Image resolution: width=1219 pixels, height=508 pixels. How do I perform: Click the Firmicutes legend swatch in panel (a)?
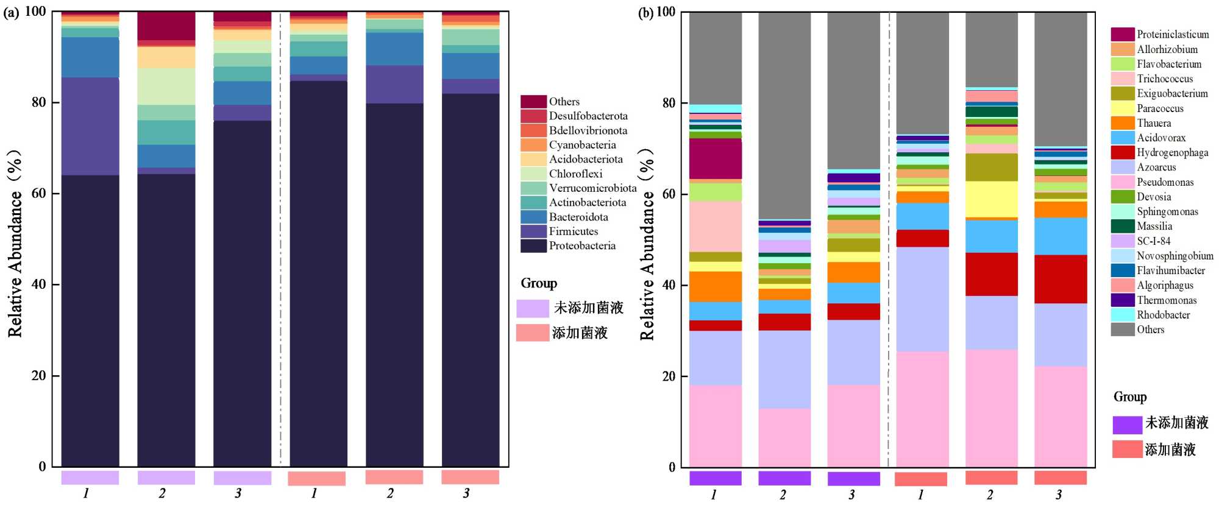[x=533, y=231]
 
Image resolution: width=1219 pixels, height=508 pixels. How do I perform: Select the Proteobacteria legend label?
[x=582, y=246]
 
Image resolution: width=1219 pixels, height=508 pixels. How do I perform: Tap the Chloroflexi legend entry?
[x=575, y=174]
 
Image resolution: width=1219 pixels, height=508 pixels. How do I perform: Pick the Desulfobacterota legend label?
[x=588, y=116]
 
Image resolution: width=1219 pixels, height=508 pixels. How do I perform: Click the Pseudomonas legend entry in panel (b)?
[x=1165, y=182]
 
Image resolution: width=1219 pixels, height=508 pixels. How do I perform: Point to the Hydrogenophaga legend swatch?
[x=1122, y=152]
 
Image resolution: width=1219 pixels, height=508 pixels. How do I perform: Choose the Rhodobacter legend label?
[x=1163, y=315]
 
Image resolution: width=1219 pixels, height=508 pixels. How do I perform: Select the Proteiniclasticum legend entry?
[x=1173, y=35]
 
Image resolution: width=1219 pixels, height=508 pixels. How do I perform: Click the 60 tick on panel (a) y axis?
[x=39, y=194]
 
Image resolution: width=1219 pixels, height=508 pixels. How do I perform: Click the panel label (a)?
[x=11, y=13]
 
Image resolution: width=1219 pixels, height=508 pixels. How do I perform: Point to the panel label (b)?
[x=645, y=13]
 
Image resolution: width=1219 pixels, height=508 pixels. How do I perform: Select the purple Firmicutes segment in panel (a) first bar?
[x=90, y=126]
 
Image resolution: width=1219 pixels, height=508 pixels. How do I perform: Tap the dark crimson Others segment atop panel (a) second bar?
[x=166, y=26]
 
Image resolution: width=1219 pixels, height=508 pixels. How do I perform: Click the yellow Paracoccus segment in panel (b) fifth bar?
[x=991, y=199]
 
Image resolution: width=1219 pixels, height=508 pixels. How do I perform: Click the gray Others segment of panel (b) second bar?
[x=784, y=116]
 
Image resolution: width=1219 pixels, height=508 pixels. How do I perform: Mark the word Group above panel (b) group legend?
[x=1130, y=397]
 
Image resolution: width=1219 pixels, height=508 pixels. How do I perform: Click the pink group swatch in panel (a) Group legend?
[x=533, y=333]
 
